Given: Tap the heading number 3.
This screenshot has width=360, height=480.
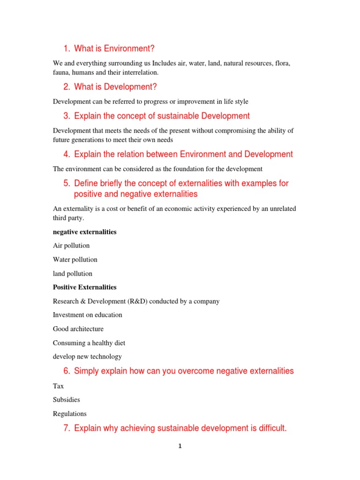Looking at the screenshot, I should point(67,116).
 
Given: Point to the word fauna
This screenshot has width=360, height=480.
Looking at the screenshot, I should point(61,73).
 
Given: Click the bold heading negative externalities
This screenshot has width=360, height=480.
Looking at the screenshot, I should point(85,232).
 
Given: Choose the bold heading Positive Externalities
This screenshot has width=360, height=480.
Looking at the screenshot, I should point(85,287).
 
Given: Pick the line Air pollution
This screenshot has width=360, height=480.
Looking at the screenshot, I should point(71,246).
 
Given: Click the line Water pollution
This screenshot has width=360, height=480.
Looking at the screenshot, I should point(75,260).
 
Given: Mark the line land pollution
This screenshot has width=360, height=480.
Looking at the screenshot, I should point(73,274).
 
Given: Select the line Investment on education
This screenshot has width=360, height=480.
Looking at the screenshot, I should point(88,315).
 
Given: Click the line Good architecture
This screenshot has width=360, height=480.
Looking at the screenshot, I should point(78,329).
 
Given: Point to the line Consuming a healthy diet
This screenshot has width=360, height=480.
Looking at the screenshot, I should point(89,343).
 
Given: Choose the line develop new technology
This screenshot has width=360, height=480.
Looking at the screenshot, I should point(87,357).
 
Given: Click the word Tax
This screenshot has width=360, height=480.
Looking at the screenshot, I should point(58,386).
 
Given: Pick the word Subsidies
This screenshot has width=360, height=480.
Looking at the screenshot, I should point(67,400).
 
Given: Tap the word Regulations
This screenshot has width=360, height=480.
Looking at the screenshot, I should point(70,414).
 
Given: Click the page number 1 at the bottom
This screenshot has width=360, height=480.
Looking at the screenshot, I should point(180,446).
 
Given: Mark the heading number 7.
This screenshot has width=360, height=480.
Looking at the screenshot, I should point(67,428).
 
